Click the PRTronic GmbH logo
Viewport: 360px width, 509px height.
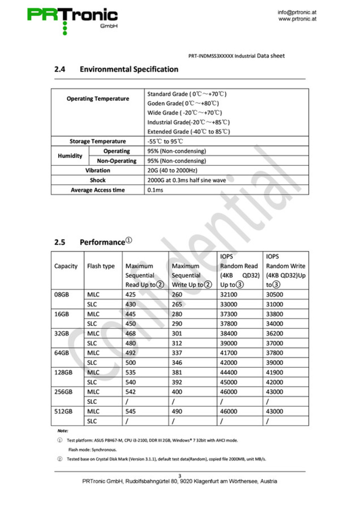72,19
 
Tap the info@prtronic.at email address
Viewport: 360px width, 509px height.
297,12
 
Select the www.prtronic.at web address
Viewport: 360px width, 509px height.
297,19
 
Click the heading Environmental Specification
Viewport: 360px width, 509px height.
129,69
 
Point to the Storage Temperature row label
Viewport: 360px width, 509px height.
98,141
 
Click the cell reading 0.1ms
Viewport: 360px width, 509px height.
155,190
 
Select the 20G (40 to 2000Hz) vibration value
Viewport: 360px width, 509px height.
172,170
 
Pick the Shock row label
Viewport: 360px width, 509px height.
98,180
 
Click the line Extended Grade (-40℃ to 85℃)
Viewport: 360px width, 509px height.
188,132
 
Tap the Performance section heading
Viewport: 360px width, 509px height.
102,242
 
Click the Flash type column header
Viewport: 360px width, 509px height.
101,266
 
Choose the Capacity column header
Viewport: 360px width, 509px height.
66,266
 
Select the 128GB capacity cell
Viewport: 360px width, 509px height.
63,373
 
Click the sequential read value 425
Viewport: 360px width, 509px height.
131,294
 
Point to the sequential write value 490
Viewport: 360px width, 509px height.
177,411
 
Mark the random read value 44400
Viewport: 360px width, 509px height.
229,373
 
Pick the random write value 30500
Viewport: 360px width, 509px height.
274,294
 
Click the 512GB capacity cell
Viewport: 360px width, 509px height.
63,411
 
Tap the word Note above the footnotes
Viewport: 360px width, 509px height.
63,431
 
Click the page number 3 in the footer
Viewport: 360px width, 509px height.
180,476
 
